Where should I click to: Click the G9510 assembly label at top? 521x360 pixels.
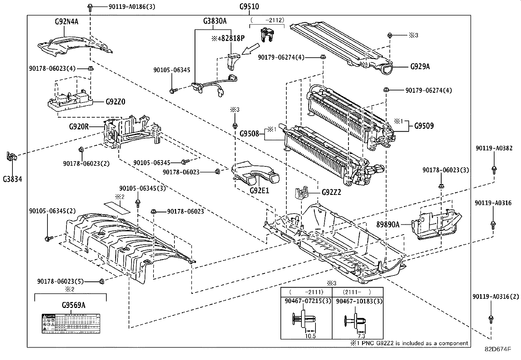click(249, 6)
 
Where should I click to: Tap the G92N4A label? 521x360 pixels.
click(66, 22)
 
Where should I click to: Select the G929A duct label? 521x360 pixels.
click(420, 66)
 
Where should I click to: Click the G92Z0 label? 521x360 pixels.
click(115, 102)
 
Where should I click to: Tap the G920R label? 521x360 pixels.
click(79, 126)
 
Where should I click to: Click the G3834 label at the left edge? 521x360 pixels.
click(13, 179)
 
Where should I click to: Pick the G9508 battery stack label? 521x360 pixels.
click(249, 133)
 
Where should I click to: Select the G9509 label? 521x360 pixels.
click(424, 126)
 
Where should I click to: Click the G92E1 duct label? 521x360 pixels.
click(259, 190)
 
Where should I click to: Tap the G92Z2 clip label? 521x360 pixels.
click(331, 192)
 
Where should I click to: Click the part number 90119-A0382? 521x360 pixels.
click(494, 148)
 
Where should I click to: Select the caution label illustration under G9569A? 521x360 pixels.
click(70, 324)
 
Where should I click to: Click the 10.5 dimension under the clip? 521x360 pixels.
click(310, 336)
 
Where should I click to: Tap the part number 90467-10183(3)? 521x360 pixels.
click(359, 301)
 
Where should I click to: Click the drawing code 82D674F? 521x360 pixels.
click(498, 349)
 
